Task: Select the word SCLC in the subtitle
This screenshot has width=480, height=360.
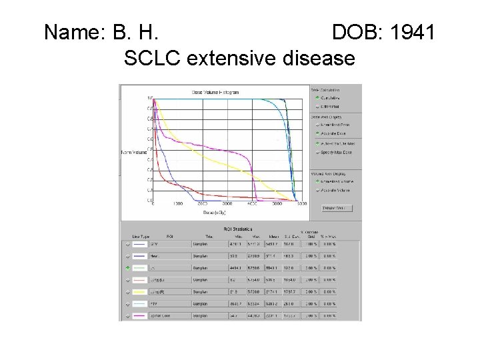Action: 153,59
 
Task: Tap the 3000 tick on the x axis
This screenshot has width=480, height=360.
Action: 227,204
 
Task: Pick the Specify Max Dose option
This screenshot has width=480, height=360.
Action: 339,153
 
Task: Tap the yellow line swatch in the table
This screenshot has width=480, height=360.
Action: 140,292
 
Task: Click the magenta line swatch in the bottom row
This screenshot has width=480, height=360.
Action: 140,315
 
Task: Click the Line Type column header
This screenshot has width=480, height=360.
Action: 140,236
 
